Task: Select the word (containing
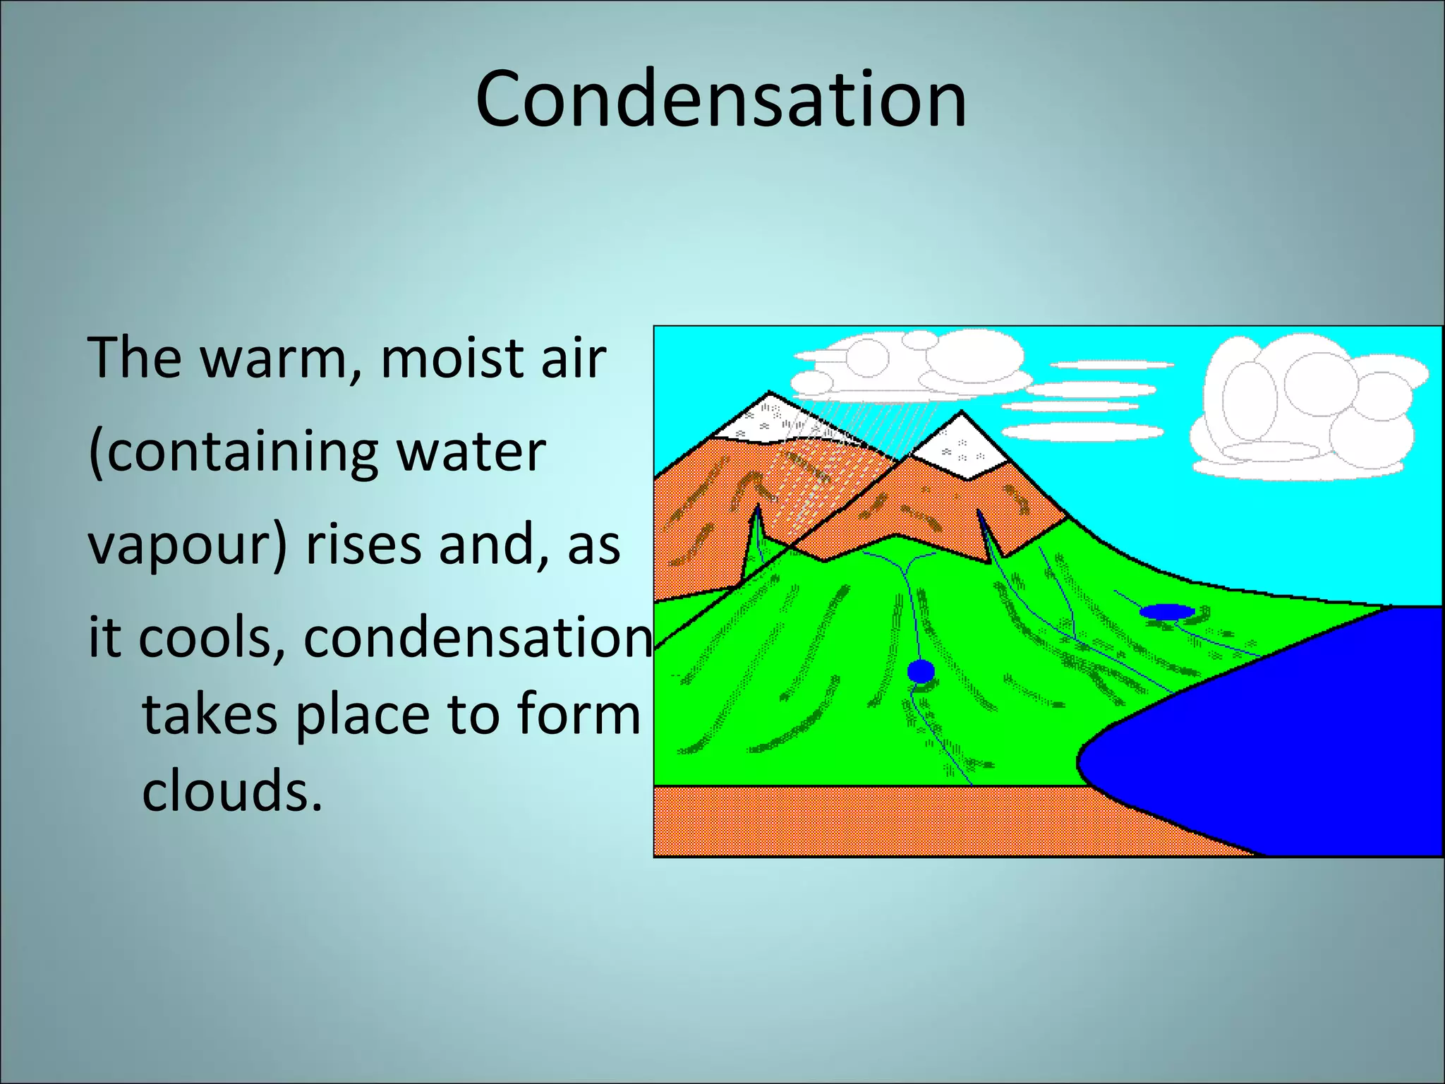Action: [x=233, y=452]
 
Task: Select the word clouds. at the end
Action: [x=232, y=790]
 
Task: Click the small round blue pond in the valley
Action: [x=921, y=670]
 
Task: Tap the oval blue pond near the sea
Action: [x=1167, y=611]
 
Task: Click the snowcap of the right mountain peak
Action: [x=961, y=445]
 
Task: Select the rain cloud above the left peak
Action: [x=910, y=367]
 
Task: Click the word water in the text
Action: [x=472, y=452]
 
